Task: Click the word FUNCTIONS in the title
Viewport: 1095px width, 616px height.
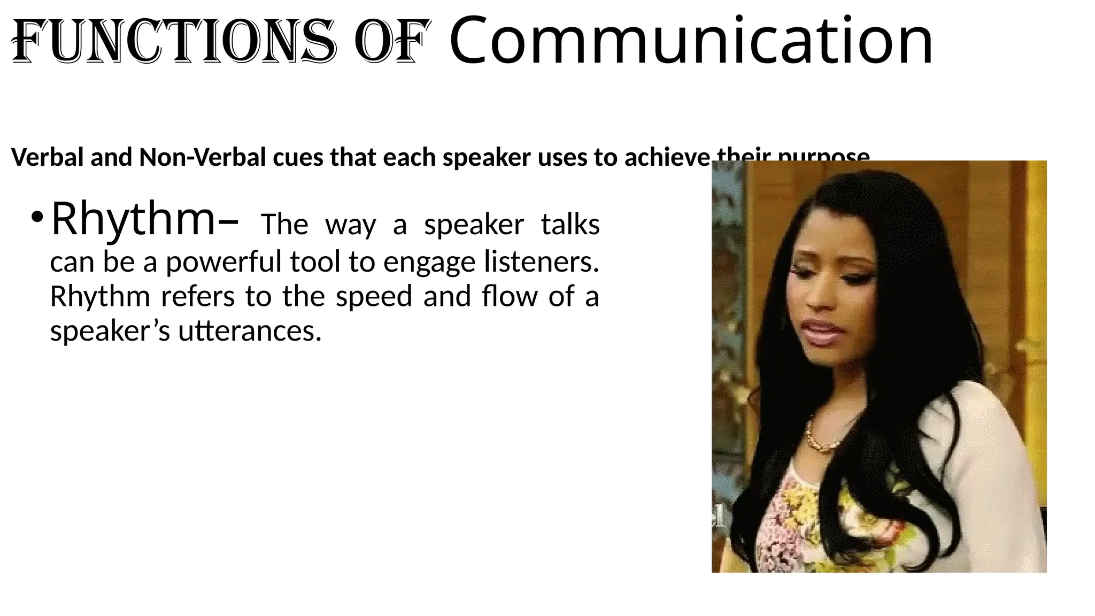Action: point(174,41)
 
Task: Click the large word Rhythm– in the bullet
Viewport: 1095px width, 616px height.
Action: point(144,219)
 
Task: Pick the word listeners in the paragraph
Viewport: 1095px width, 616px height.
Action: point(541,262)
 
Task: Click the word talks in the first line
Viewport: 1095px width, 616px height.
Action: point(570,225)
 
